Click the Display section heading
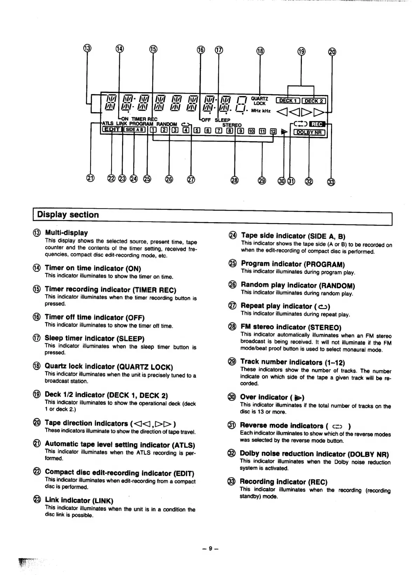pos(68,215)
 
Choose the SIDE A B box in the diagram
pos(135,130)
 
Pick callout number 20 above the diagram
pos(332,52)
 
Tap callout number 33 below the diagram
pos(331,182)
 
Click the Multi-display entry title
pos(66,233)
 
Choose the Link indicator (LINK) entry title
pos(79,500)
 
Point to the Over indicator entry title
pos(272,397)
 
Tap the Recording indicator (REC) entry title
pos(284,482)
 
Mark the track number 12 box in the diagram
pos(273,131)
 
